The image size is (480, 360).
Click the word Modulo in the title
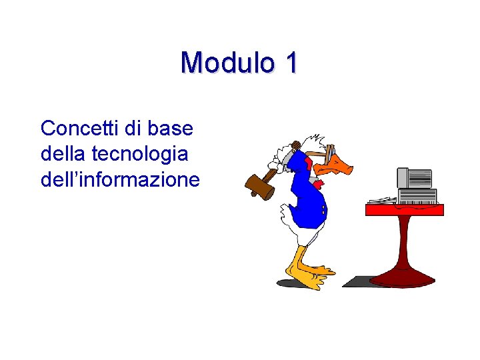pos(227,63)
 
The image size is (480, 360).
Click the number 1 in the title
pos(290,63)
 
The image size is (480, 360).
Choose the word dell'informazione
pos(120,179)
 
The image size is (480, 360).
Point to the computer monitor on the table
pos(415,178)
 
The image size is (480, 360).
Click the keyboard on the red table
pos(382,200)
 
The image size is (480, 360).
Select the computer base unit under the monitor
pos(417,195)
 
